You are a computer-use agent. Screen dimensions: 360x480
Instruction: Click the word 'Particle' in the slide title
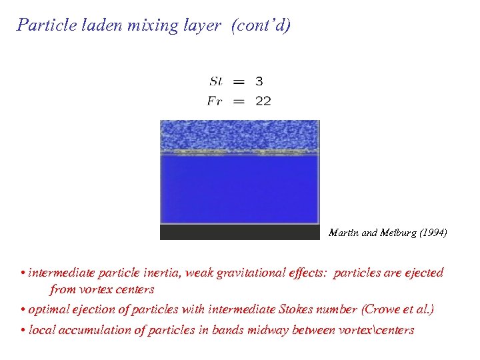tap(42, 25)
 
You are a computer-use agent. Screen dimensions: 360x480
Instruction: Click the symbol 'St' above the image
tap(215, 81)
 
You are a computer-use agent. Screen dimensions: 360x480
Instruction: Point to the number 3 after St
tap(259, 81)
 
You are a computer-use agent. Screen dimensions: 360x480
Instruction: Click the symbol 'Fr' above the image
tap(215, 101)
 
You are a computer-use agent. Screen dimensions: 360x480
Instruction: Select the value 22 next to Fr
tap(262, 101)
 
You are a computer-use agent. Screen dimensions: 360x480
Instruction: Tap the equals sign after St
tap(239, 81)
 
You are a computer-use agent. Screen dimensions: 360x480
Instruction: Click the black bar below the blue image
tap(239, 232)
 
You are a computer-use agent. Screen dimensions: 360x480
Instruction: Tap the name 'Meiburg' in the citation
tap(393, 233)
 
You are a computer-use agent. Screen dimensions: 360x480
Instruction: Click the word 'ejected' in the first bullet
tap(423, 273)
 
